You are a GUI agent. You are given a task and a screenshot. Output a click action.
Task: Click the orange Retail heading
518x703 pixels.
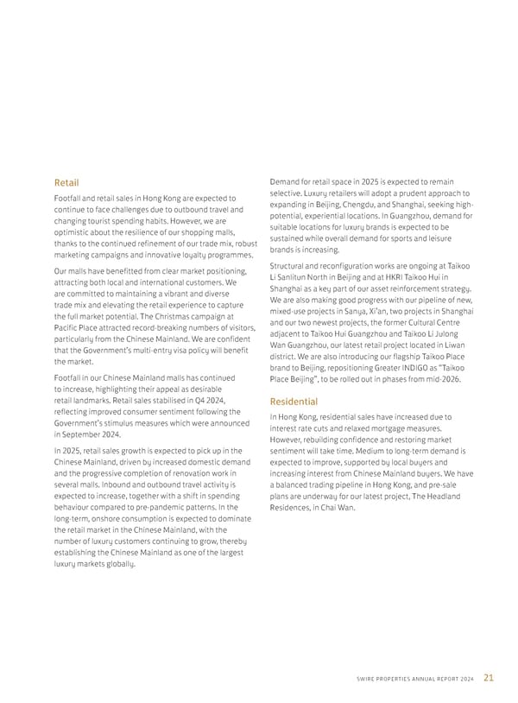tap(66, 183)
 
